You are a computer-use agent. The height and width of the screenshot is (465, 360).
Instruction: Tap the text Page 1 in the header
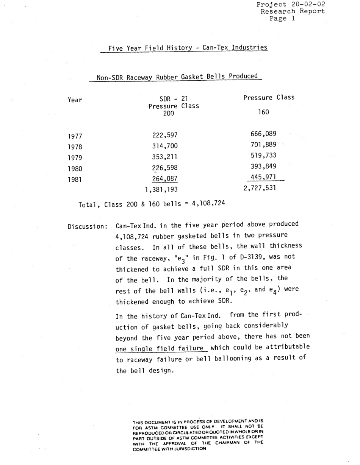point(282,19)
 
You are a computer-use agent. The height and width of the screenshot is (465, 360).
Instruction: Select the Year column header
point(75,100)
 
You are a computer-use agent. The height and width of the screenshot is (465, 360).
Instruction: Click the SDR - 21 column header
point(169,99)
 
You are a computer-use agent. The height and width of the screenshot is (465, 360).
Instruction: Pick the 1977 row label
point(75,136)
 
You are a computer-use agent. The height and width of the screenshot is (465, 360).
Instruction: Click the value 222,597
point(165,135)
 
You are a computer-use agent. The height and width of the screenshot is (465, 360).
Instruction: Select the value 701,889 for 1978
point(263,144)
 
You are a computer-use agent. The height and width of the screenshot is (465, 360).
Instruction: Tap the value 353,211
point(165,157)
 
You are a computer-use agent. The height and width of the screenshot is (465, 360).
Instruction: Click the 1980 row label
point(75,169)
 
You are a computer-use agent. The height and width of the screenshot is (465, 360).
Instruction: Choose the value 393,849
point(263,166)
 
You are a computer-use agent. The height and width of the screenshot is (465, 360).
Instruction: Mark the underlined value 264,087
point(165,179)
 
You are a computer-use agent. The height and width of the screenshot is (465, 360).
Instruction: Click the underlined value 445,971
point(263,176)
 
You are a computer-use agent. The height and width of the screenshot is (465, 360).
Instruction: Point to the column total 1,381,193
point(161,189)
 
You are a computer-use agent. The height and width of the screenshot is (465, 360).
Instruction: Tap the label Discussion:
point(88,227)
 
